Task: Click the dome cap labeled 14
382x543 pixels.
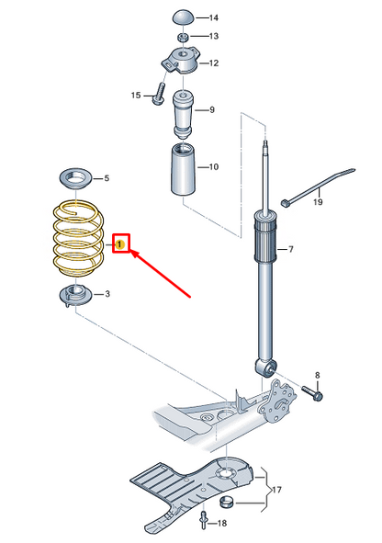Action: [x=184, y=17]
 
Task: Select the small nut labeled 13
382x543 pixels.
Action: [x=183, y=37]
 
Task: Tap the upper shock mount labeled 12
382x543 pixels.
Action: [x=182, y=61]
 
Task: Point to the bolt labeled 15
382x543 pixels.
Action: [x=160, y=93]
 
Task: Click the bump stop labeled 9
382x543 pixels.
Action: [x=183, y=114]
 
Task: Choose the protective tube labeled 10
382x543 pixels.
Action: [x=184, y=169]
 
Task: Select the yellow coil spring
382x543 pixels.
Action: [x=78, y=239]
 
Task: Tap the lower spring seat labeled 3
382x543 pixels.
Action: [x=75, y=296]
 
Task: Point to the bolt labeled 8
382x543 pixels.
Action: [x=312, y=393]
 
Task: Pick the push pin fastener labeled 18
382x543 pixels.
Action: [x=204, y=521]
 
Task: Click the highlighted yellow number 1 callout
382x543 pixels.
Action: [x=119, y=244]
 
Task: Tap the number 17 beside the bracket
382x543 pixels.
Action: [x=276, y=490]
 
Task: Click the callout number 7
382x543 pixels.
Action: [x=291, y=249]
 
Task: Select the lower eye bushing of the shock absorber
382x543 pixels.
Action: [x=265, y=368]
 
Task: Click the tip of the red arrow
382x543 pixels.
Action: [x=131, y=252]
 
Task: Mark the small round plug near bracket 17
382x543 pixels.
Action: [x=227, y=502]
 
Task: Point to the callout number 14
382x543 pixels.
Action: [x=213, y=17]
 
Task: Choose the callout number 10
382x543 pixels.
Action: [x=214, y=167]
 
